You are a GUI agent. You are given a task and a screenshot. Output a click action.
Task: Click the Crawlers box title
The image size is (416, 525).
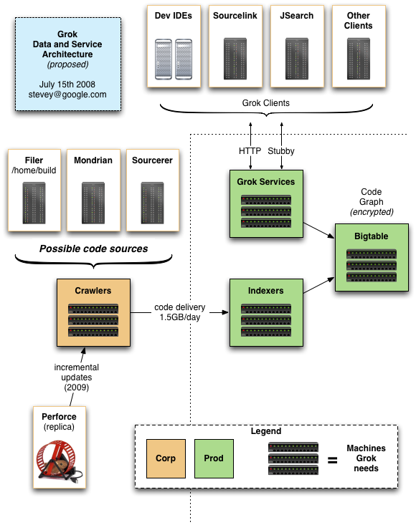coord(93,290)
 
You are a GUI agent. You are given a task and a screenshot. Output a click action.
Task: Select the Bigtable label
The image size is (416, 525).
coord(371,236)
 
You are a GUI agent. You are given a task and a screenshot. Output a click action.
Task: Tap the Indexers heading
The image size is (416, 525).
coord(265,290)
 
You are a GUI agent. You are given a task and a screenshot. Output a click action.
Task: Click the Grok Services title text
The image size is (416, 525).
coord(266,181)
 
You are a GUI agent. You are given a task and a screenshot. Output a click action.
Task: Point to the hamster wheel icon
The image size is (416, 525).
coord(60,462)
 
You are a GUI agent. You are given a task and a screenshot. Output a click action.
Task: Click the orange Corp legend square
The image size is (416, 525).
coord(166,458)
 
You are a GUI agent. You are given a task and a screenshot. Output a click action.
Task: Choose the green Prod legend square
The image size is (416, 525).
coord(214,458)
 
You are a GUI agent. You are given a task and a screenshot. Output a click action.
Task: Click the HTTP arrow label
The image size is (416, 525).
coord(250,151)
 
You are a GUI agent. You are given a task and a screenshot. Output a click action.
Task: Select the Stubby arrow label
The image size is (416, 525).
coord(281,151)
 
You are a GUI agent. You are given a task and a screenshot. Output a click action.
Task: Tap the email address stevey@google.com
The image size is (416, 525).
coord(67,95)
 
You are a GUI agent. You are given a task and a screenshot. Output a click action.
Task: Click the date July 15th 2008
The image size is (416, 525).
coord(67,84)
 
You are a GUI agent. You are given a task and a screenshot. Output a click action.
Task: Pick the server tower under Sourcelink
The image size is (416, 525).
coord(235,59)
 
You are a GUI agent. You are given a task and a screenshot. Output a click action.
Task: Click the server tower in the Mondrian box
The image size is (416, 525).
coord(93,203)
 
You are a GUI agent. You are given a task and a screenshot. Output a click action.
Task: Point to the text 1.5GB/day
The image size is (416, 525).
coord(180,317)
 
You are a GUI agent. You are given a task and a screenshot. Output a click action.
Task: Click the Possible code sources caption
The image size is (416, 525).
coord(93,249)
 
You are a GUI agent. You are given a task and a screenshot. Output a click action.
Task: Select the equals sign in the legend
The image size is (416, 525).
coord(332,461)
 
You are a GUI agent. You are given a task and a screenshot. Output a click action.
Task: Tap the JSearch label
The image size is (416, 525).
coord(297,16)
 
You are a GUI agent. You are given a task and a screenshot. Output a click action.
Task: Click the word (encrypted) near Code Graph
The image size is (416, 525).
coord(372,212)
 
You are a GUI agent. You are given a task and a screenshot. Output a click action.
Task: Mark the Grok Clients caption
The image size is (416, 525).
coord(266,103)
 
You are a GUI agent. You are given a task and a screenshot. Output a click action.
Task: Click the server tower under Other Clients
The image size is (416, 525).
coord(359,59)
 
